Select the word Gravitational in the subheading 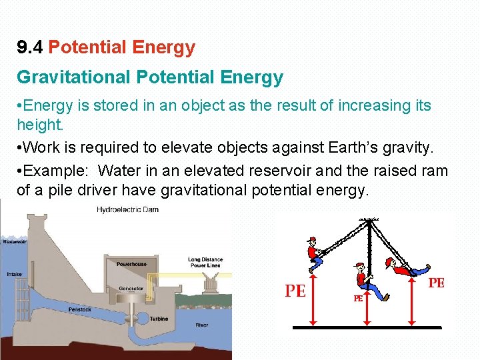click(73, 78)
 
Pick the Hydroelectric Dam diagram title click(127, 210)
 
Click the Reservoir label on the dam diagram click(15, 242)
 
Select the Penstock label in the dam click(80, 310)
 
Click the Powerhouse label click(132, 264)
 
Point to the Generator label click(131, 289)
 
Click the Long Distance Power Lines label click(205, 262)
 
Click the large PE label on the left click(295, 291)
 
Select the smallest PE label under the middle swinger click(357, 299)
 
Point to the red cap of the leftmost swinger click(311, 239)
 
